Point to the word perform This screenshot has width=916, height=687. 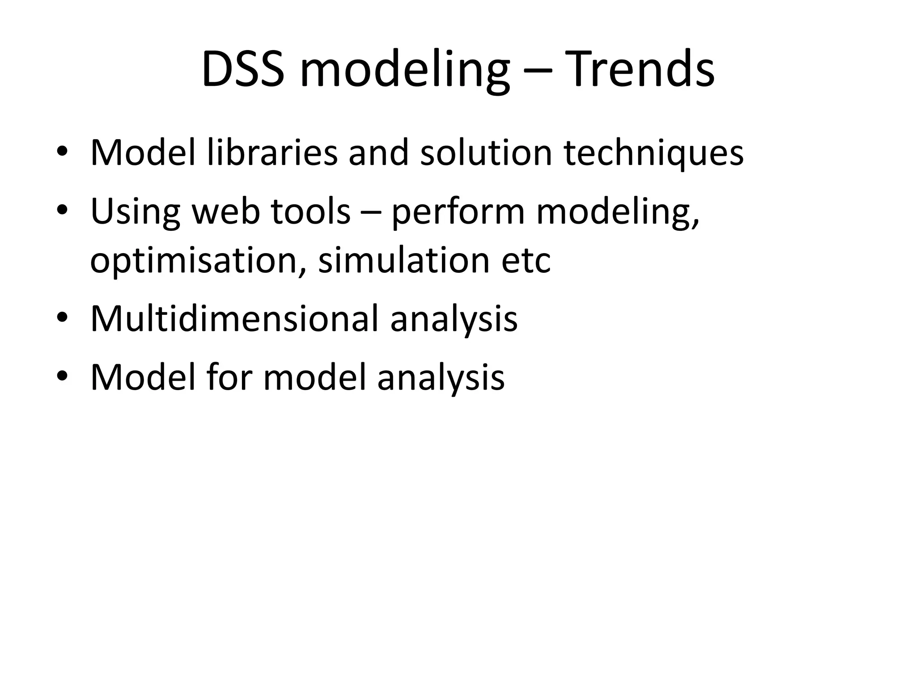[x=458, y=213]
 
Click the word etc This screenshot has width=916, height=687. [x=526, y=262]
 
